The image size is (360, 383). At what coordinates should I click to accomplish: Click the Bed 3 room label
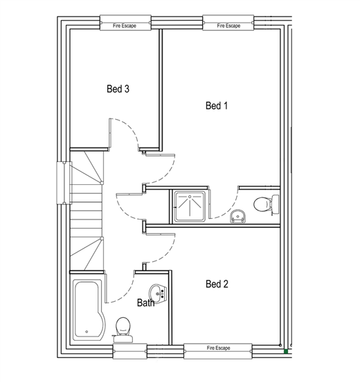[x=118, y=89]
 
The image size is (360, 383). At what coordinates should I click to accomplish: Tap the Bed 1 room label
[x=217, y=105]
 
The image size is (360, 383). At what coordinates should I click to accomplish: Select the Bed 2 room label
[x=217, y=284]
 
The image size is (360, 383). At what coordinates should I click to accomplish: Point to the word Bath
[x=146, y=303]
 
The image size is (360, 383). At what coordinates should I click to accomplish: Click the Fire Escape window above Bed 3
[x=125, y=23]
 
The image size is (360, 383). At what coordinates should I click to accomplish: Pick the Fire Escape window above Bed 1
[x=228, y=23]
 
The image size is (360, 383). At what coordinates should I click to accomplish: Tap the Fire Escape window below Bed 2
[x=218, y=351]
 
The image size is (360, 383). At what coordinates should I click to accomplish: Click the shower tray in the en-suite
[x=190, y=206]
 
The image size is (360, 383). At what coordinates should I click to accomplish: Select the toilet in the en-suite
[x=267, y=204]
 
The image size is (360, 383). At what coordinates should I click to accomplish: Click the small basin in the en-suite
[x=238, y=216]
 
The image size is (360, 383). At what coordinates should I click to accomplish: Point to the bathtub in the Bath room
[x=89, y=310]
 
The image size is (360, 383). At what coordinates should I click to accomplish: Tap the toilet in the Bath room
[x=123, y=330]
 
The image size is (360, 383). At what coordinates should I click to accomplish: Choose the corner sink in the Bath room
[x=159, y=294]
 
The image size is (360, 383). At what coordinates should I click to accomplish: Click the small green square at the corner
[x=286, y=352]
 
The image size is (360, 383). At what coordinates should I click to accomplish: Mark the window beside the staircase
[x=64, y=183]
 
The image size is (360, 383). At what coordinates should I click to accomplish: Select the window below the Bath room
[x=130, y=351]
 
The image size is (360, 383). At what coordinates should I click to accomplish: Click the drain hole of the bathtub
[x=87, y=332]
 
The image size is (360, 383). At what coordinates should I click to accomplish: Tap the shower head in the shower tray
[x=190, y=197]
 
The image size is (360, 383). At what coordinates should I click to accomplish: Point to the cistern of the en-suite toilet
[x=276, y=205]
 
